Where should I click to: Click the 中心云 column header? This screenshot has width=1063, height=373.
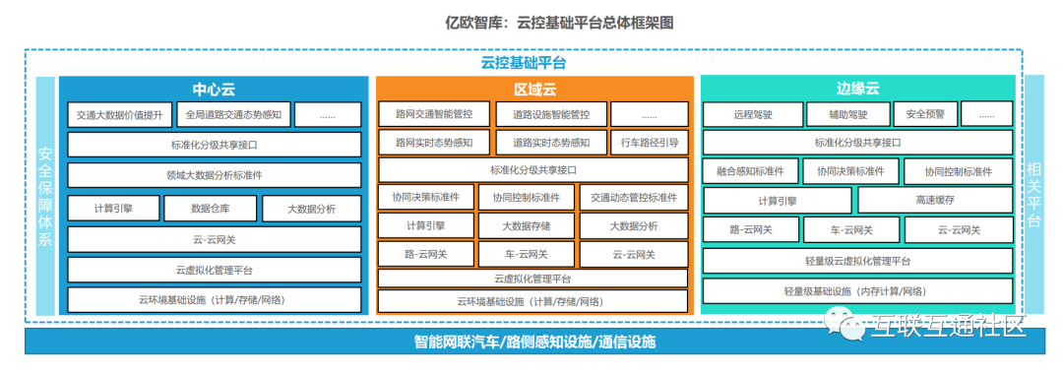point(214,89)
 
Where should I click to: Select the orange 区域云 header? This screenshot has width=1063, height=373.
point(534,89)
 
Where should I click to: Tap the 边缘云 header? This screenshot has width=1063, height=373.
point(857,89)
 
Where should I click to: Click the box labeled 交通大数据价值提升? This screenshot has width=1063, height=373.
point(119,115)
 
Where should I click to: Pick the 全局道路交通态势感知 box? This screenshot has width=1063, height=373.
point(234,114)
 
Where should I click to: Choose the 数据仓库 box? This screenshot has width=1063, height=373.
point(211,209)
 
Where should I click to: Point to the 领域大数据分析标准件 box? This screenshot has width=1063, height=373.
point(215,175)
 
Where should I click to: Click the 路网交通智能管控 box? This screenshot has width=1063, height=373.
point(434,114)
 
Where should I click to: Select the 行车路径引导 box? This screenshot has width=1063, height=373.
point(650,143)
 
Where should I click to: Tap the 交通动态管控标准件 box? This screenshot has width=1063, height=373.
point(634,198)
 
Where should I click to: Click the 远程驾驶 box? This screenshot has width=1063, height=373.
point(753,114)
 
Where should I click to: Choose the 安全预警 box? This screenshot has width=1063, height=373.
point(924,114)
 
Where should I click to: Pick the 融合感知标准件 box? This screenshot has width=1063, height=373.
point(750,171)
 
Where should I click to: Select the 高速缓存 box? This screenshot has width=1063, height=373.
point(936,201)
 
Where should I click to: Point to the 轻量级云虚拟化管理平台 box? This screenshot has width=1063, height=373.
point(857,261)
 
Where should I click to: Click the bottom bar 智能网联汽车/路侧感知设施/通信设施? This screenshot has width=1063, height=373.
point(534,342)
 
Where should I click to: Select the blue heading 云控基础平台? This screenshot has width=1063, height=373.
point(524,64)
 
